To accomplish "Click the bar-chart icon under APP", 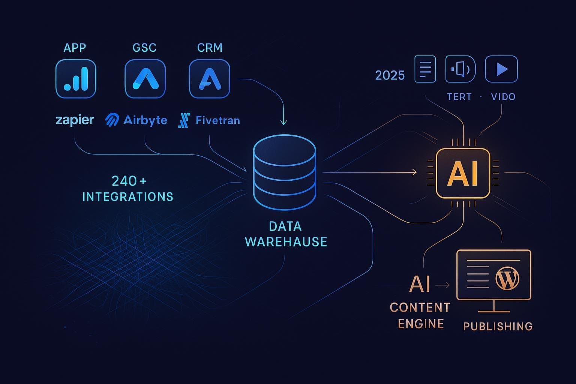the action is pos(76,79).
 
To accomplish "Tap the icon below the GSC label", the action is pos(145,79).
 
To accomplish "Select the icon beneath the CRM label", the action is pos(209,79).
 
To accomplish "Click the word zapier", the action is pos(75,120).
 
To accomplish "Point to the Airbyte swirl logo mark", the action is pos(112,120).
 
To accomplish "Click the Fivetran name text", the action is pos(218,120).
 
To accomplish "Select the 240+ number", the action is pos(129,181).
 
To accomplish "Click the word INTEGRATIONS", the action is pos(128,197).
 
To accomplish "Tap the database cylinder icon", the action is pos(284,172).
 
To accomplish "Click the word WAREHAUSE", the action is pos(286,242).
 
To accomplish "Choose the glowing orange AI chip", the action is pos(463,173).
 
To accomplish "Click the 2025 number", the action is pos(390,75).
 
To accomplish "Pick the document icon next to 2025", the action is pos(425,69).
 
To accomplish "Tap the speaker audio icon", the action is pos(460,69).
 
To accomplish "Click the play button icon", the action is pos(501,69).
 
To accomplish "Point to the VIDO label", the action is pos(503,97).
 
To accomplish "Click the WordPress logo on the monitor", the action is pos(507,279).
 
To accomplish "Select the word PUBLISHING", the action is pos(498,326).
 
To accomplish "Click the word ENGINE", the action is pos(421,324).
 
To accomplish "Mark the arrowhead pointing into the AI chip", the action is pos(414,172).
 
